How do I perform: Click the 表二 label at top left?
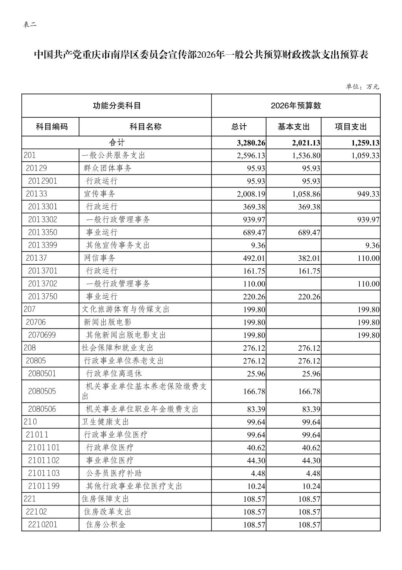click(x=30, y=25)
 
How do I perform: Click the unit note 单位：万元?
click(x=362, y=87)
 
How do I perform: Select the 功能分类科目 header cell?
click(x=117, y=106)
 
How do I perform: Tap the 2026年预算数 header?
click(x=296, y=106)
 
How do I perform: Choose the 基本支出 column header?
click(x=293, y=127)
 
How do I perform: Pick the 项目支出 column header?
click(x=351, y=127)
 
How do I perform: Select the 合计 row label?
click(x=117, y=142)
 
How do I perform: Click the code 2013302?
click(x=42, y=219)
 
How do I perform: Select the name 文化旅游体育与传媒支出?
click(x=125, y=309)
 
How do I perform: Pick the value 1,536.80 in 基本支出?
click(x=306, y=156)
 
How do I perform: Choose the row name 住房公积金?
click(x=106, y=525)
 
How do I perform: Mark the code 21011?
click(x=37, y=435)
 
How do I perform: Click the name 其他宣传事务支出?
click(x=118, y=245)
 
